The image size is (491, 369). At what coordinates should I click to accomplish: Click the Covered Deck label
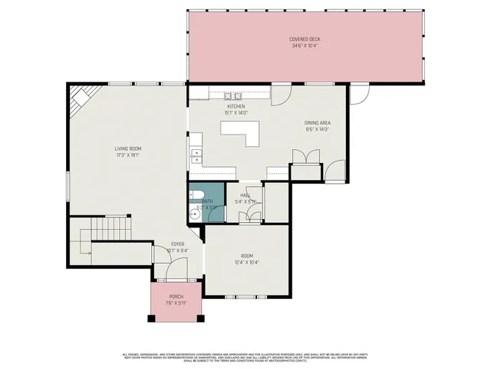tap(305, 38)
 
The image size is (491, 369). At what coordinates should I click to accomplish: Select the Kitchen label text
tap(236, 106)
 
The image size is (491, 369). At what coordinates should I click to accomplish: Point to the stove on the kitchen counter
tap(234, 95)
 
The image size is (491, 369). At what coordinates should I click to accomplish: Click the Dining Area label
tap(317, 123)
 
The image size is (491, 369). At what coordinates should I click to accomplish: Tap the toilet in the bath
tap(196, 194)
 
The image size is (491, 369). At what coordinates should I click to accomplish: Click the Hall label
tap(245, 195)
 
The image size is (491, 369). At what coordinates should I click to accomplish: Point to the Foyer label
tap(177, 244)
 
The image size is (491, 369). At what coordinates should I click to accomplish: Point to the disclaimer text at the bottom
tap(245, 357)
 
